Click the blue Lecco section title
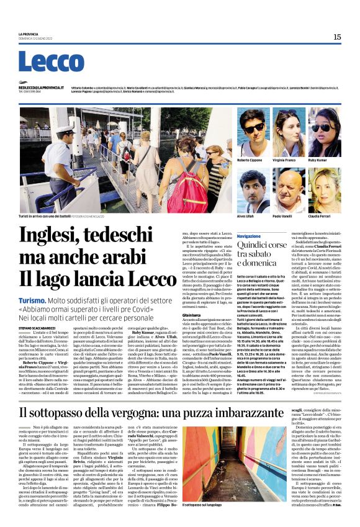point(51,61)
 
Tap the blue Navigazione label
point(249,236)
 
